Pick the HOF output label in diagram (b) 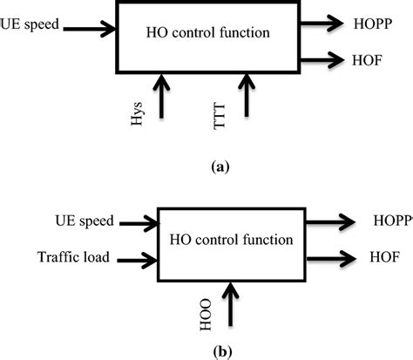[383, 258]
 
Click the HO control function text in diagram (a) [208, 34]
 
